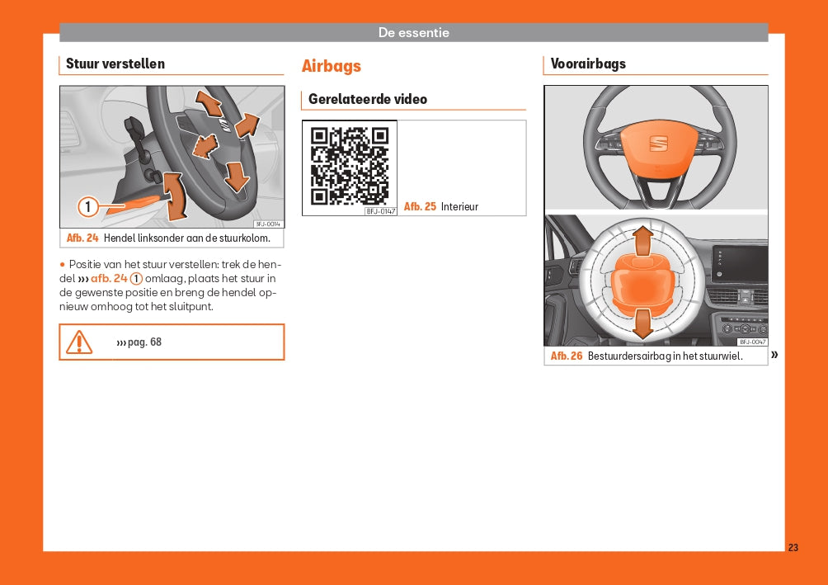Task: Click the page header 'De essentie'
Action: pos(413,33)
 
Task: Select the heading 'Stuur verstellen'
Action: pos(115,64)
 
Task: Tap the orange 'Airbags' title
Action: pos(331,66)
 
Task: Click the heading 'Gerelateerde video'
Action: pos(368,99)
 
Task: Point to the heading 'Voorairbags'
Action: pos(588,64)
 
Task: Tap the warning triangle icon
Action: pos(79,342)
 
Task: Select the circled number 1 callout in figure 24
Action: pos(88,206)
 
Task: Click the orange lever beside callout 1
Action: pos(134,204)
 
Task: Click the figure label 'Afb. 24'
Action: pos(82,238)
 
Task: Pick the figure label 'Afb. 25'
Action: pos(420,206)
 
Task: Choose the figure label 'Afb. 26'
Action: pos(566,356)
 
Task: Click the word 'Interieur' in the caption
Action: pos(459,206)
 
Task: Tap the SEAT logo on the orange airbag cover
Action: pos(658,144)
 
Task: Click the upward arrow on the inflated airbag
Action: pos(642,241)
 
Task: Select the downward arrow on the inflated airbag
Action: pos(642,323)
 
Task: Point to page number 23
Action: pos(793,548)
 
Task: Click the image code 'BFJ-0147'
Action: pos(381,211)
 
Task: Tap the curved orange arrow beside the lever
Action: pos(175,196)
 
